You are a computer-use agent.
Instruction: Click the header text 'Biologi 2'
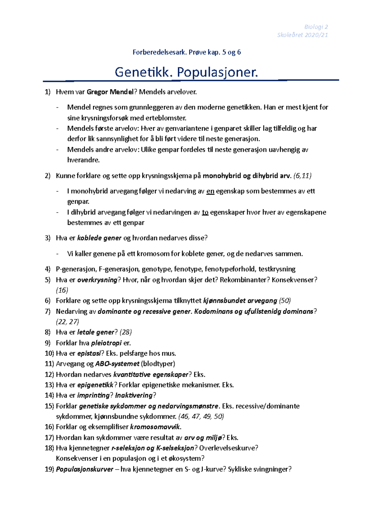[x=316, y=27]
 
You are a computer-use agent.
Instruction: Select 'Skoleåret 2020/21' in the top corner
[x=302, y=35]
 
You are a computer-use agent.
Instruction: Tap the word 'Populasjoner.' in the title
[x=218, y=72]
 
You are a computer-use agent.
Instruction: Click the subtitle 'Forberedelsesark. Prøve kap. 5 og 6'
[x=186, y=52]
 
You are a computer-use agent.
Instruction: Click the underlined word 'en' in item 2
[x=210, y=191]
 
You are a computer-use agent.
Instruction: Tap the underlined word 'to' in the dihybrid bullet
[x=205, y=212]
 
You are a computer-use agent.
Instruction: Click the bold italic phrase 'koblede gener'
[x=99, y=238]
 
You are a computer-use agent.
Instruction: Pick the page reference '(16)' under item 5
[x=62, y=290]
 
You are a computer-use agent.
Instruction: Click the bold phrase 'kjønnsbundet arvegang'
[x=240, y=300]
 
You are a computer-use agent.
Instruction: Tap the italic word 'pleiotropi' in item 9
[x=106, y=343]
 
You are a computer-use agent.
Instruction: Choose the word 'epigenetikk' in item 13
[x=95, y=385]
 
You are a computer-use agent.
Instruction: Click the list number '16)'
[x=49, y=427]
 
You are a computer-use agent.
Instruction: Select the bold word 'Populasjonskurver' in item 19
[x=85, y=469]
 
